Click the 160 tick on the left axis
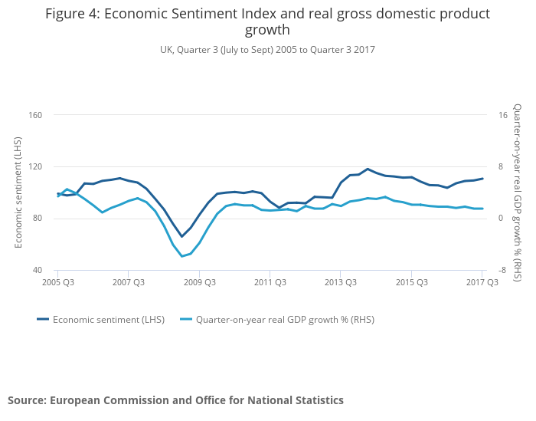pos(35,115)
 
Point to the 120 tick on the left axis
pos(35,166)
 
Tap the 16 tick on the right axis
pos(502,115)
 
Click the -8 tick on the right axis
pos(502,270)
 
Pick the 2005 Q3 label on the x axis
pos(57,282)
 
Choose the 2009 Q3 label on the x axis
pos(199,282)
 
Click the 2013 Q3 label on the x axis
pos(341,282)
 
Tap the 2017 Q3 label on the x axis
pos(482,282)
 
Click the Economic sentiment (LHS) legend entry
pos(103,319)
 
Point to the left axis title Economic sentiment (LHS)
pos(18,192)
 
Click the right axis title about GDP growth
pos(518,192)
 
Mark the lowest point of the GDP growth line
pos(181,256)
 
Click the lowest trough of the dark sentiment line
pos(181,236)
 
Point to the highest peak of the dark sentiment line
pos(368,169)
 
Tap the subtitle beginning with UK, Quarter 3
pos(267,50)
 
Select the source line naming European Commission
pos(175,400)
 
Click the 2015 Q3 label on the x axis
pos(411,282)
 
